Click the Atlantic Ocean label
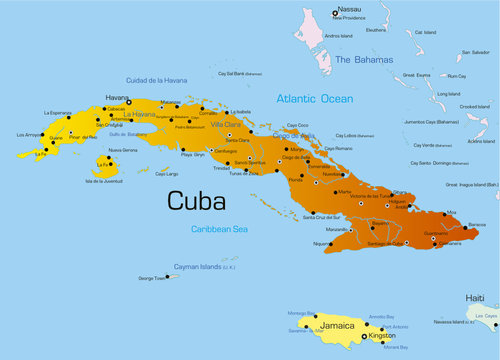tap(316, 98)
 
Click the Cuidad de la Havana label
tap(156, 80)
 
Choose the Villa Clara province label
tap(224, 124)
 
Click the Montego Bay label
tap(301, 313)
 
